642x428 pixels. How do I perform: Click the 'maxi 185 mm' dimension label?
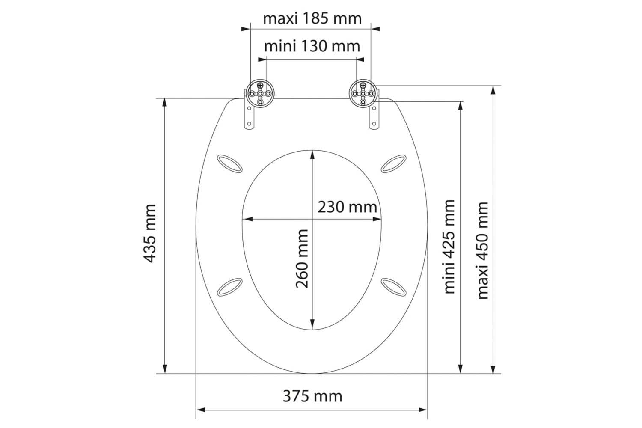[x=312, y=19]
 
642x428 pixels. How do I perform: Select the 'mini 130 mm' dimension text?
[x=312, y=46]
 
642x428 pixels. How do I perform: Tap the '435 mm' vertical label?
[x=150, y=233]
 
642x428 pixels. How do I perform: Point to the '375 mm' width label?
[x=312, y=396]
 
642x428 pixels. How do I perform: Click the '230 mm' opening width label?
[x=347, y=207]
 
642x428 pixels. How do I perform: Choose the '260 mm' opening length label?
[x=302, y=259]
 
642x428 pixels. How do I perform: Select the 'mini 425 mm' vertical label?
[x=449, y=247]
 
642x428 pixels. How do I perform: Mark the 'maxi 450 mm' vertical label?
[x=483, y=250]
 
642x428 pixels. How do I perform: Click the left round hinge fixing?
[x=260, y=93]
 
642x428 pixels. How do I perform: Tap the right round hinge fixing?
[x=363, y=93]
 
